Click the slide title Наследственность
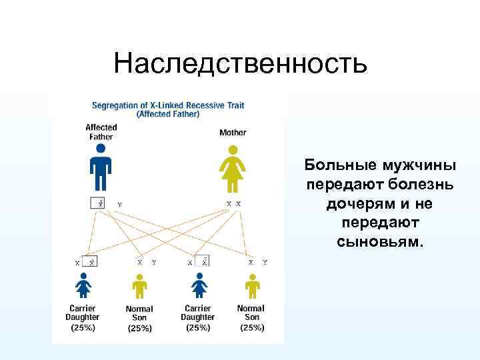(x=240, y=63)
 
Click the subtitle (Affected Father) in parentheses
(x=167, y=114)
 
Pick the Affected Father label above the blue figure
(x=101, y=132)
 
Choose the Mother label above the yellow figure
(x=233, y=133)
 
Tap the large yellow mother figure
(x=233, y=170)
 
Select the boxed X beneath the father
(x=98, y=203)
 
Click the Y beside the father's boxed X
(x=119, y=203)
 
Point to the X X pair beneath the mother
(x=233, y=203)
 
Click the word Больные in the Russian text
(x=340, y=165)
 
